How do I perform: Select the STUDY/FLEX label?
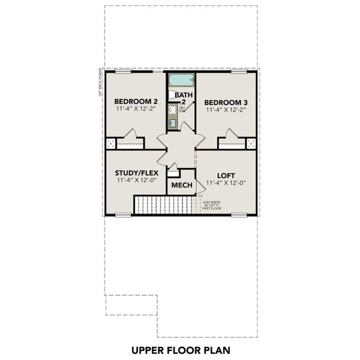click(x=136, y=173)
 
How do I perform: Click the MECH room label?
click(x=181, y=185)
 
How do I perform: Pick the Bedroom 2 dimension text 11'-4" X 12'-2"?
click(x=136, y=110)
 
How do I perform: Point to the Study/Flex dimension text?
click(x=136, y=180)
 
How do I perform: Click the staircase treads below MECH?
click(x=164, y=205)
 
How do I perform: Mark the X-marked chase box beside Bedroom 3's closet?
click(x=251, y=144)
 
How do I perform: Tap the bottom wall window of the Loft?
click(x=238, y=215)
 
